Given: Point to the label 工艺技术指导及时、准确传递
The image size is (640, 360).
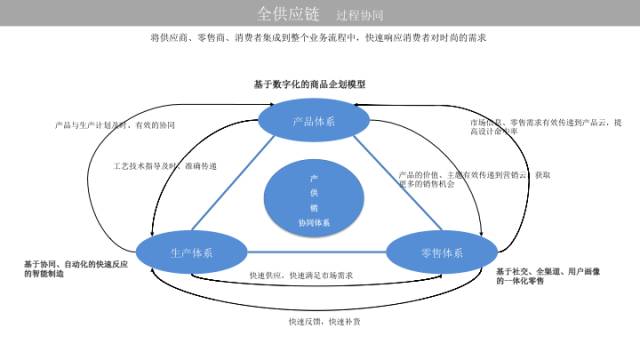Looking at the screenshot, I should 168,165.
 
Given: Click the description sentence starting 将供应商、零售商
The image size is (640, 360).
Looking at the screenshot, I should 318,39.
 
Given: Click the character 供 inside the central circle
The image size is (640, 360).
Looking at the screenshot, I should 313,191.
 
